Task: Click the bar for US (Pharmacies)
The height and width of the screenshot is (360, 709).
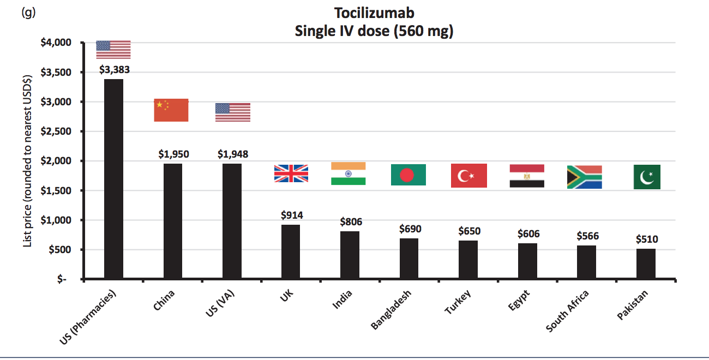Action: coord(113,179)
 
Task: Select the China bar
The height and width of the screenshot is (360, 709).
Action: coord(173,221)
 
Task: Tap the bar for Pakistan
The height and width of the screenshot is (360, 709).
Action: coord(646,264)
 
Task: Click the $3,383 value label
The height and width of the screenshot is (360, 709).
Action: coord(114,70)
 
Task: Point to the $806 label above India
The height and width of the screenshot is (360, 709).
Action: coord(351,222)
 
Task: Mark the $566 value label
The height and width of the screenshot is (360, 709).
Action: coord(587,236)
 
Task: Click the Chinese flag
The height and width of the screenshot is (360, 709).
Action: coord(171,110)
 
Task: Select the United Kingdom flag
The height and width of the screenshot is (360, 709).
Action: coord(291,173)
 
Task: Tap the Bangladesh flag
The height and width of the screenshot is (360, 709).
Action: coord(408,175)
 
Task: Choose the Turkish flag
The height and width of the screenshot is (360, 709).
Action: coord(469,176)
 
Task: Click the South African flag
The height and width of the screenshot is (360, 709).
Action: coord(585,177)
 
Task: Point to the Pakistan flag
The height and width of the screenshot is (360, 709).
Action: coord(647,177)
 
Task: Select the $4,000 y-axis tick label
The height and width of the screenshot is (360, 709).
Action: coord(59,43)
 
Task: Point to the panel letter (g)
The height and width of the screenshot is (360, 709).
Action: coord(28,12)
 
